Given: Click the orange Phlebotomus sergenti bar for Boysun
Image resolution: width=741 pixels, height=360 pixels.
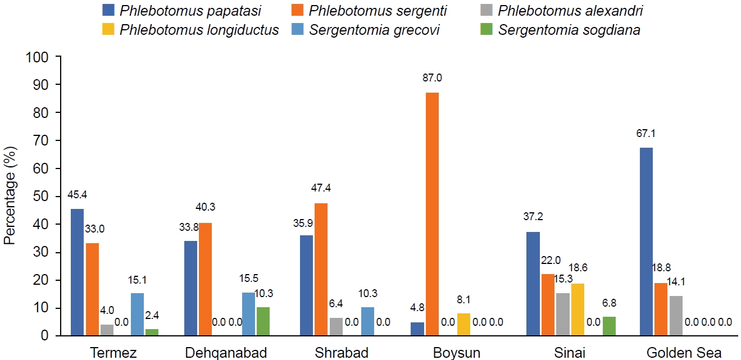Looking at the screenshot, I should [431, 214].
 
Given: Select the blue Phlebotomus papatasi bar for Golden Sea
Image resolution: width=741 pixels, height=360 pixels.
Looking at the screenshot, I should [645, 241].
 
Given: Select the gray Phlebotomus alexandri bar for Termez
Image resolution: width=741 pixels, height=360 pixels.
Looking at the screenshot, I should [107, 330].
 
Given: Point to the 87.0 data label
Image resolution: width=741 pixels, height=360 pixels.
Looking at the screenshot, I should [432, 78].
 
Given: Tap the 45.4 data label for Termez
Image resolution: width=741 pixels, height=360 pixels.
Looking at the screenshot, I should [77, 195].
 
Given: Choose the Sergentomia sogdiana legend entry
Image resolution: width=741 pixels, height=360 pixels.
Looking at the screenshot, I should [569, 30].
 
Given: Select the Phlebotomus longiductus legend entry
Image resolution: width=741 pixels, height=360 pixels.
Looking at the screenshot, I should [199, 30].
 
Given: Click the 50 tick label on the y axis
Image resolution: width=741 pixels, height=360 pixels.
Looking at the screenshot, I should [41, 197].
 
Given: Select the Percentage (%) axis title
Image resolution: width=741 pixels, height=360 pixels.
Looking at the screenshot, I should [10, 195].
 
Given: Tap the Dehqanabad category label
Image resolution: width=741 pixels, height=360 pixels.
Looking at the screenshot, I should [226, 353].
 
